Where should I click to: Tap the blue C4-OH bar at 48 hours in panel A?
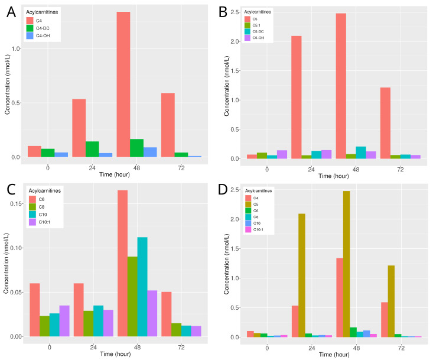click(x=151, y=152)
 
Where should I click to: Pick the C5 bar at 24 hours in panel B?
click(x=297, y=98)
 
